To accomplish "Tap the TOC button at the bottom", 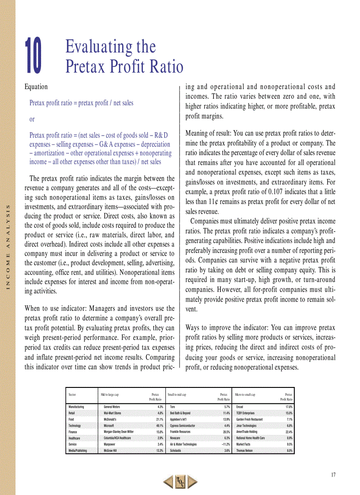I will (x=180, y=482).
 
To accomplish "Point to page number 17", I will (x=333, y=475).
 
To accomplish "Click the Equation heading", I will (x=36, y=87).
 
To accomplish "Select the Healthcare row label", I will (x=75, y=438).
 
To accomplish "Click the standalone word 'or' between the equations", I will (x=32, y=119).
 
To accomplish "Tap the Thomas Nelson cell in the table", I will (x=245, y=450).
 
